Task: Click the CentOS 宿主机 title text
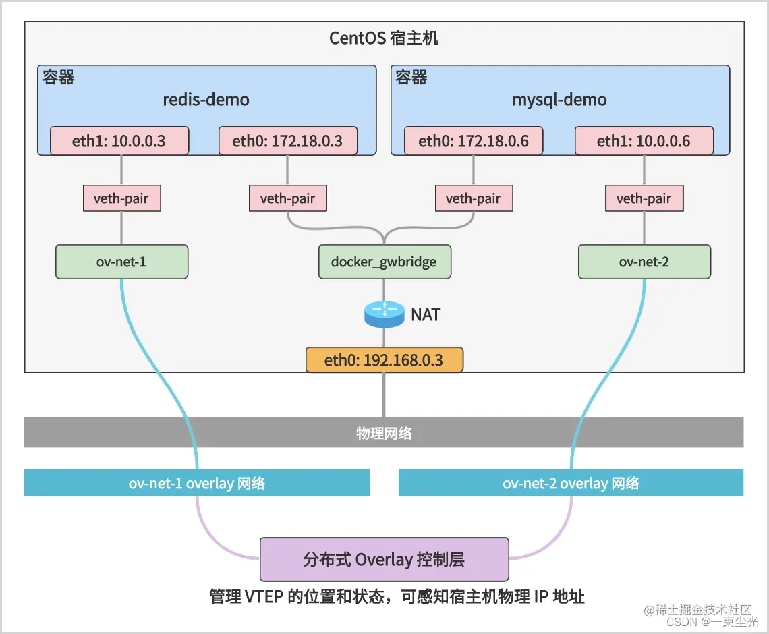pyautogui.click(x=383, y=38)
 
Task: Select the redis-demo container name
pyautogui.click(x=206, y=100)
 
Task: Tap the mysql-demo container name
pyautogui.click(x=559, y=100)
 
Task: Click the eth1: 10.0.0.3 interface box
pyautogui.click(x=119, y=142)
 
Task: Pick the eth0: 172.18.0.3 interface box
pyautogui.click(x=287, y=142)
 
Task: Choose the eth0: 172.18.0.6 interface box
pyautogui.click(x=473, y=142)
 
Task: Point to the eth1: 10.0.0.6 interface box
pyautogui.click(x=644, y=142)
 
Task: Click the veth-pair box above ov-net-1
pyautogui.click(x=121, y=198)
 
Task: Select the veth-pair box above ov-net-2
pyautogui.click(x=644, y=198)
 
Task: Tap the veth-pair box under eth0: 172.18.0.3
pyautogui.click(x=287, y=198)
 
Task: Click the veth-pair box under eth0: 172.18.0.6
pyautogui.click(x=473, y=198)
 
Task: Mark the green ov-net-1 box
pyautogui.click(x=121, y=262)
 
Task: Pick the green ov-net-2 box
pyautogui.click(x=644, y=262)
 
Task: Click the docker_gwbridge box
pyautogui.click(x=384, y=262)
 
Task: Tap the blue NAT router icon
pyautogui.click(x=384, y=314)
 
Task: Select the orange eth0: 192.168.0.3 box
pyautogui.click(x=384, y=360)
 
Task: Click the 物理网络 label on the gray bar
pyautogui.click(x=384, y=433)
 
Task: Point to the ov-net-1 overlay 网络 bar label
pyautogui.click(x=197, y=483)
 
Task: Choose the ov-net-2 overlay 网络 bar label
pyautogui.click(x=571, y=483)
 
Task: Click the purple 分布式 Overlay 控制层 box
pyautogui.click(x=384, y=559)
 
